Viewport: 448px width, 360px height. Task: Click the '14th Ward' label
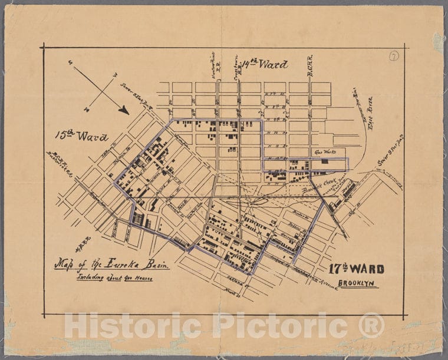tap(265, 64)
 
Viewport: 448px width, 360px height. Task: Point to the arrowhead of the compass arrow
tap(124, 110)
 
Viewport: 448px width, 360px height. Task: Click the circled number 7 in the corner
tap(393, 56)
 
